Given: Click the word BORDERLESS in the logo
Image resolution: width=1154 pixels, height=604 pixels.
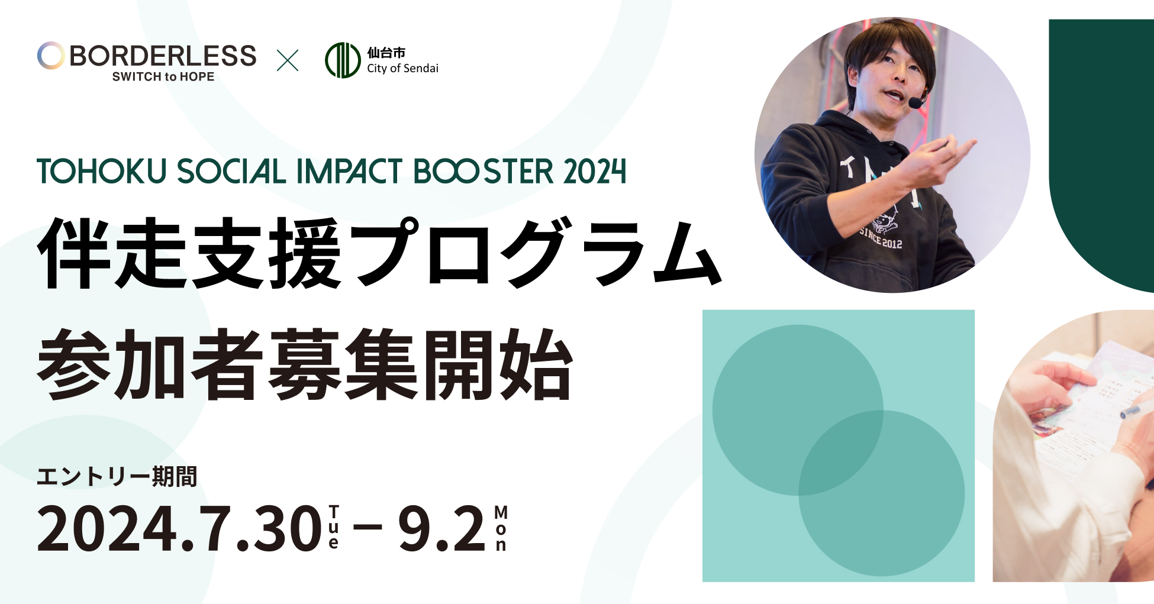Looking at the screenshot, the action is tap(163, 56).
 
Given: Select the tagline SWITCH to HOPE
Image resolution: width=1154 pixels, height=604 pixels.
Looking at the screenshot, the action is tap(163, 77).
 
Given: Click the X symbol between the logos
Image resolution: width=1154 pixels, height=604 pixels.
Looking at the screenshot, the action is tap(288, 60).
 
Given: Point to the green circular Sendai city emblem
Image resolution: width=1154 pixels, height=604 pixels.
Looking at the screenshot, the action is tap(343, 60).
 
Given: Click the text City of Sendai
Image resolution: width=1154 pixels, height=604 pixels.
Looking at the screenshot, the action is tap(402, 69).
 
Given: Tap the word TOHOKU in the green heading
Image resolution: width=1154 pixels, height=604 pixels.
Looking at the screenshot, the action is tap(102, 172).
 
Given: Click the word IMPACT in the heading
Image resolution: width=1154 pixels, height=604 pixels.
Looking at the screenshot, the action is tap(349, 172).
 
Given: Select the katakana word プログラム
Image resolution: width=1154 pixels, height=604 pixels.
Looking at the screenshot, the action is tap(539, 253).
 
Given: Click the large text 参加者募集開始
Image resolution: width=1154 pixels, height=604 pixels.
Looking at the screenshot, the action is tap(305, 364).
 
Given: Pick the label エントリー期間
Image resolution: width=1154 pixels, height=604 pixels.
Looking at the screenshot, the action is tap(117, 477).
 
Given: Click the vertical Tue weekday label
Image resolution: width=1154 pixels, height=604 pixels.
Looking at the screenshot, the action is tap(334, 527).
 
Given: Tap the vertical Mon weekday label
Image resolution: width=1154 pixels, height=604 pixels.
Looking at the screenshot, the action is tap(501, 528).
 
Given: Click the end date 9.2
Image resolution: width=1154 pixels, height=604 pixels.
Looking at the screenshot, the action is tap(441, 528).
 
